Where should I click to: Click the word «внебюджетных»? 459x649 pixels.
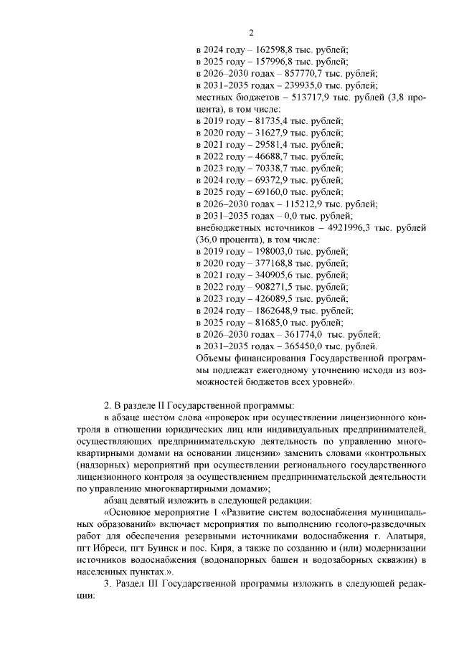227,228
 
